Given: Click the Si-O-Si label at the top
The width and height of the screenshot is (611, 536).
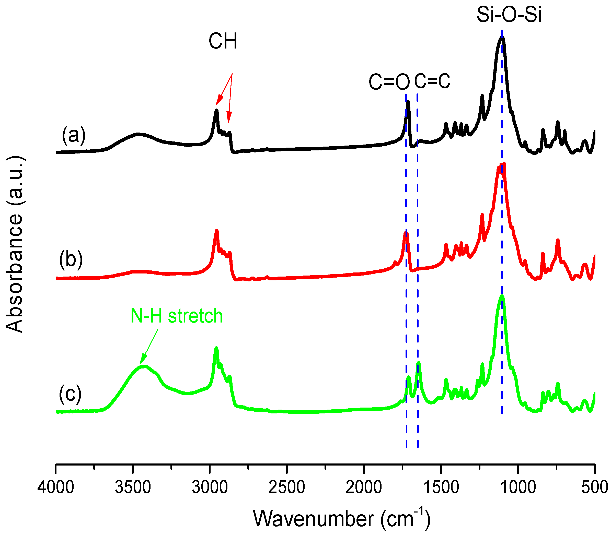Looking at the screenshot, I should click(509, 15).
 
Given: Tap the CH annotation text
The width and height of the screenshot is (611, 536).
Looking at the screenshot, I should click(223, 41).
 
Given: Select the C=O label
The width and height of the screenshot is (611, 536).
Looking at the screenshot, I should click(389, 82).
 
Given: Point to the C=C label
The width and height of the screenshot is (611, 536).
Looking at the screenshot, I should click(432, 81).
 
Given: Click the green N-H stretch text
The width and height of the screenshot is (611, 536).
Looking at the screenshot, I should click(176, 316).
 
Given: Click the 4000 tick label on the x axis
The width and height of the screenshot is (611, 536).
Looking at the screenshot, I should click(56, 487).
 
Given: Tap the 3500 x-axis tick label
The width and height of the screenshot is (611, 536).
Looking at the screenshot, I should click(133, 487).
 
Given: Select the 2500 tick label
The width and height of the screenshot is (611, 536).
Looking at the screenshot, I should click(287, 487).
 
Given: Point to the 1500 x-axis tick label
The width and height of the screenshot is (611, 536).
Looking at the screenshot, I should click(441, 487).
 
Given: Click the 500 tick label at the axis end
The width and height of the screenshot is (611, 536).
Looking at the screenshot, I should click(595, 487).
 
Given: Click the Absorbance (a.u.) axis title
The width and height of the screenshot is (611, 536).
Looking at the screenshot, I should click(14, 244).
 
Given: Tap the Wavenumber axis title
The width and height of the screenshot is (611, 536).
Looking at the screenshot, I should click(342, 519).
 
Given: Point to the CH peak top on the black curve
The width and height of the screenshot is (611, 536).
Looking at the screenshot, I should click(216, 110).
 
